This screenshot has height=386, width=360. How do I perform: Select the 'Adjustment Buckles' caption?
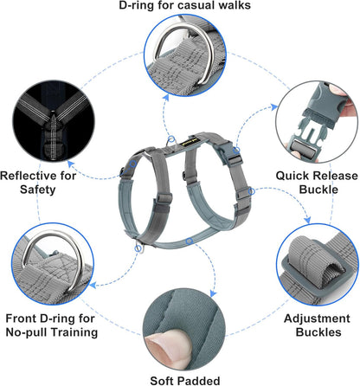[318, 326]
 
